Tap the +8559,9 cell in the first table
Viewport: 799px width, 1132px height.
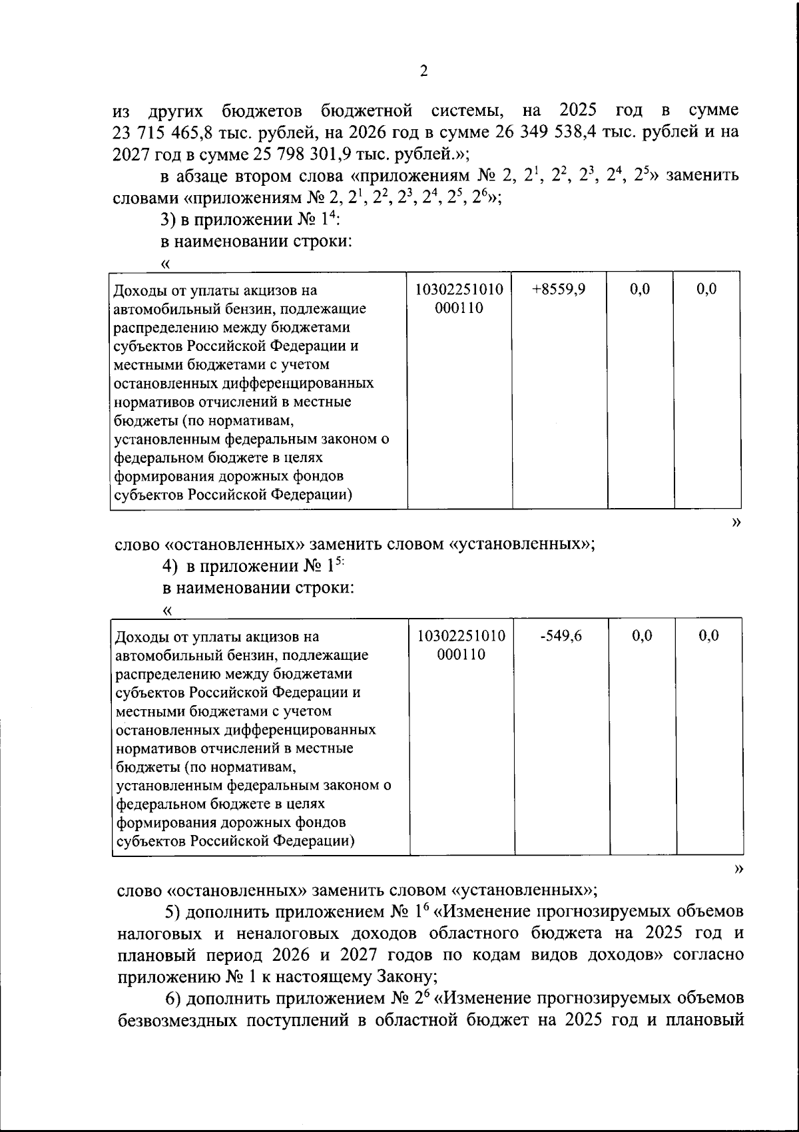[559, 290]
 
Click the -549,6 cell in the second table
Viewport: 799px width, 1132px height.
[561, 636]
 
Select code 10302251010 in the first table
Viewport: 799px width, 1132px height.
[459, 290]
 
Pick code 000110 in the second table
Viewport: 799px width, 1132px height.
[461, 655]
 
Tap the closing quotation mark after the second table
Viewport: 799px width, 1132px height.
[737, 869]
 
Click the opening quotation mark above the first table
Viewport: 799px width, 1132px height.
[166, 264]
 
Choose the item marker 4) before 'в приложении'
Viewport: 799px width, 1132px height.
[170, 567]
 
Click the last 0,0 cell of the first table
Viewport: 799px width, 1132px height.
[706, 290]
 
